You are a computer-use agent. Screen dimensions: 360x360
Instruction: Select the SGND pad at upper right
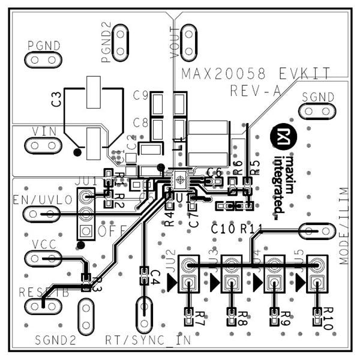(x=316, y=111)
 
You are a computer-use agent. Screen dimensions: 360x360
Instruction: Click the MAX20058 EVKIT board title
(x=256, y=74)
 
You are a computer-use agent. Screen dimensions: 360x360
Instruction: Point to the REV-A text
(x=256, y=91)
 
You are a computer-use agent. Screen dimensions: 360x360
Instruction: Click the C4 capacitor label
(x=154, y=277)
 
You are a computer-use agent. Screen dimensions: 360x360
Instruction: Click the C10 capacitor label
(x=223, y=229)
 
